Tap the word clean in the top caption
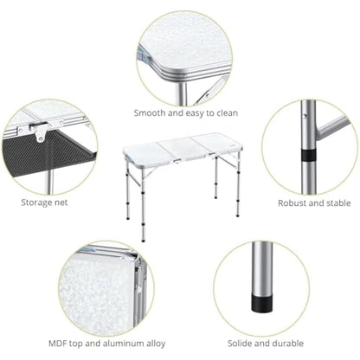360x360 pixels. pos(224,112)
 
